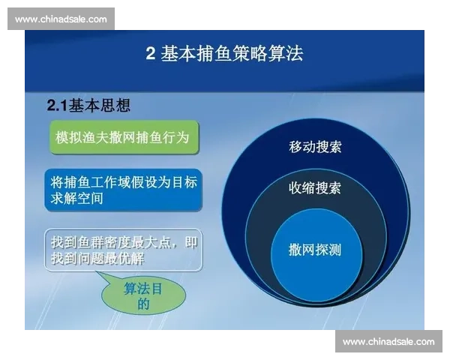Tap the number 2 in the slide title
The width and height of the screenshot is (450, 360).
point(150,54)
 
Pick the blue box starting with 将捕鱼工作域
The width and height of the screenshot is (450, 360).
point(122,190)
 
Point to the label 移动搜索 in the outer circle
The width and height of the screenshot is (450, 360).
point(315,146)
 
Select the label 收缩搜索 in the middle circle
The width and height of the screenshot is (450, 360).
point(315,187)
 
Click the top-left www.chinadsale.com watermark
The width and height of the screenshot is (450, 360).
point(61,19)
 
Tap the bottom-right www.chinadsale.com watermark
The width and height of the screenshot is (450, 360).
point(388,342)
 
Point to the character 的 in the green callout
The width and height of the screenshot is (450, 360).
point(143,304)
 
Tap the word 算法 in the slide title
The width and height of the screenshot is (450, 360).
point(288,54)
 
